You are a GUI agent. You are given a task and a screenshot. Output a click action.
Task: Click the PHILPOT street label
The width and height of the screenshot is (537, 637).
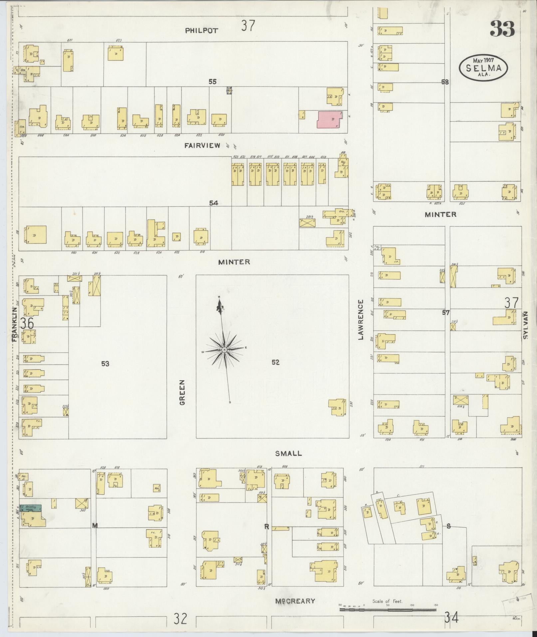(x=202, y=31)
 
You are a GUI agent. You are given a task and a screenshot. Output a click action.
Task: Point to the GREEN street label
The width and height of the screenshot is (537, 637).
(x=182, y=393)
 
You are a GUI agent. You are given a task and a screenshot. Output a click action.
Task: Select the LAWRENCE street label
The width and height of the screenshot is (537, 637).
(x=361, y=319)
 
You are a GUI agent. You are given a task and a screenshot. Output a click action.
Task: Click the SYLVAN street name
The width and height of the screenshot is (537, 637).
(x=526, y=325)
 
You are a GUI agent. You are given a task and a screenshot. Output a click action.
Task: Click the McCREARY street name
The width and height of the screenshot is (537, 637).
(x=295, y=601)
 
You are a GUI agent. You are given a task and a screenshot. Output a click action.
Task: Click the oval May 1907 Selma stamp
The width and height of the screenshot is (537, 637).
(x=484, y=67)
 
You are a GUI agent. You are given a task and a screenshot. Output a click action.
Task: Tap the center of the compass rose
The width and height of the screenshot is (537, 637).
(x=224, y=350)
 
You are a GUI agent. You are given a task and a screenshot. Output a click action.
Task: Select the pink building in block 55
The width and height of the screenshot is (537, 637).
(x=329, y=119)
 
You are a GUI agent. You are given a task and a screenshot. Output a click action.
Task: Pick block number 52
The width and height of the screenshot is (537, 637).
(x=275, y=363)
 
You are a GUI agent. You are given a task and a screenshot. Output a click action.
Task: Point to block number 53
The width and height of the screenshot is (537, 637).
(x=105, y=364)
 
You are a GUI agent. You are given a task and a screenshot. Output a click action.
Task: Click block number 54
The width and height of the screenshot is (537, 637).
(x=213, y=203)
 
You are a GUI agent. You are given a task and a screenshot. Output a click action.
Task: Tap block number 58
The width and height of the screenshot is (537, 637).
(x=445, y=82)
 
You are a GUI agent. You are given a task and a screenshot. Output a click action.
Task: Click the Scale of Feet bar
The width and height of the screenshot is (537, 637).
(x=388, y=610)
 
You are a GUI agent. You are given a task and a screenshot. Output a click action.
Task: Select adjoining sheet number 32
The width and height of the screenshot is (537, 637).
(x=180, y=618)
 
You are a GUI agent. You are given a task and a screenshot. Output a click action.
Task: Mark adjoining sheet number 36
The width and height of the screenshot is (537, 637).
(x=27, y=323)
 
